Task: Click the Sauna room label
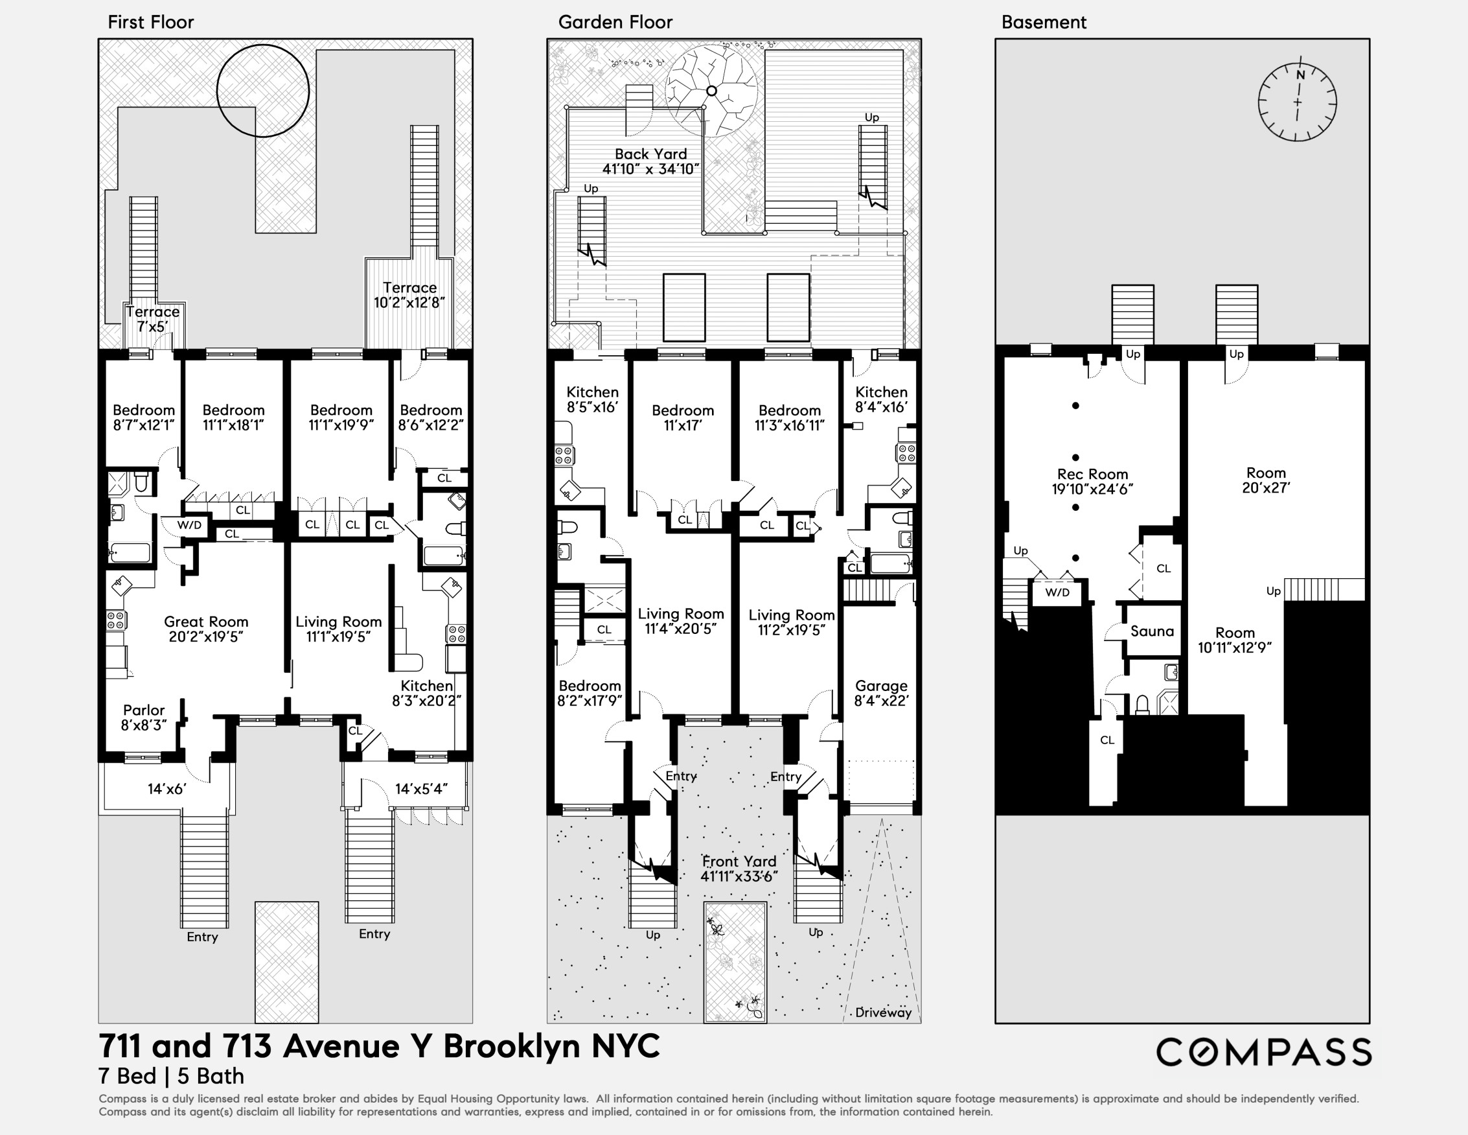pos(1152,631)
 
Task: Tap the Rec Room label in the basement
pos(1092,482)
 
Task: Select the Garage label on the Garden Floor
pos(881,693)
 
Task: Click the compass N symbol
pos(1301,75)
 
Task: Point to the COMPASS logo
pos(1263,1052)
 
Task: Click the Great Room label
pos(205,629)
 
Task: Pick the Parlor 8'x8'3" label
pos(144,718)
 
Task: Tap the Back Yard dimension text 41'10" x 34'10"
pos(650,169)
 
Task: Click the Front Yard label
pos(739,869)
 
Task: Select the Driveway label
pos(883,1012)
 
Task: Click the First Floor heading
pos(150,22)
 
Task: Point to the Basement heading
pos(1043,22)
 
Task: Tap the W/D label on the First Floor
pos(190,525)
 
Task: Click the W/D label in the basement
pos(1057,592)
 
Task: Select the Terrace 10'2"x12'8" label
pos(409,295)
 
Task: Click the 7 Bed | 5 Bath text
pos(172,1077)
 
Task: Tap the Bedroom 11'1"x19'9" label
pos(341,417)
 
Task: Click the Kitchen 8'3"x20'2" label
pos(427,693)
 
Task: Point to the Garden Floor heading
pos(615,22)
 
